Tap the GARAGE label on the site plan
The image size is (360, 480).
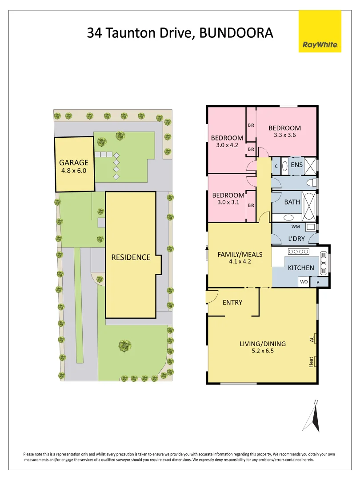click(x=74, y=163)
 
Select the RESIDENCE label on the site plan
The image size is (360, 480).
click(x=131, y=257)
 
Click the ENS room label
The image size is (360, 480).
click(x=296, y=165)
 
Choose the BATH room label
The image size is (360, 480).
click(x=292, y=202)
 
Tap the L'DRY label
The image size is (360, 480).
click(x=296, y=239)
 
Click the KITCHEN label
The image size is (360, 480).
click(x=301, y=268)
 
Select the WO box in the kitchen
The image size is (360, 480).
click(x=304, y=282)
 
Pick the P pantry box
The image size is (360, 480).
click(x=318, y=282)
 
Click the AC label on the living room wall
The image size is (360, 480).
click(x=312, y=339)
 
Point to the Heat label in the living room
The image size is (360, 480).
click(x=312, y=362)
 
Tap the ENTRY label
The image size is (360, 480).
click(x=232, y=303)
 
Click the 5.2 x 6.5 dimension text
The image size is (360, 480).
click(x=262, y=351)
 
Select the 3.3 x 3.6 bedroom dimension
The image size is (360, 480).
click(x=284, y=135)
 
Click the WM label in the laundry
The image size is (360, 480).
click(x=296, y=227)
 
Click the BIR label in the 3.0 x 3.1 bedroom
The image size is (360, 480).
click(x=251, y=205)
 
